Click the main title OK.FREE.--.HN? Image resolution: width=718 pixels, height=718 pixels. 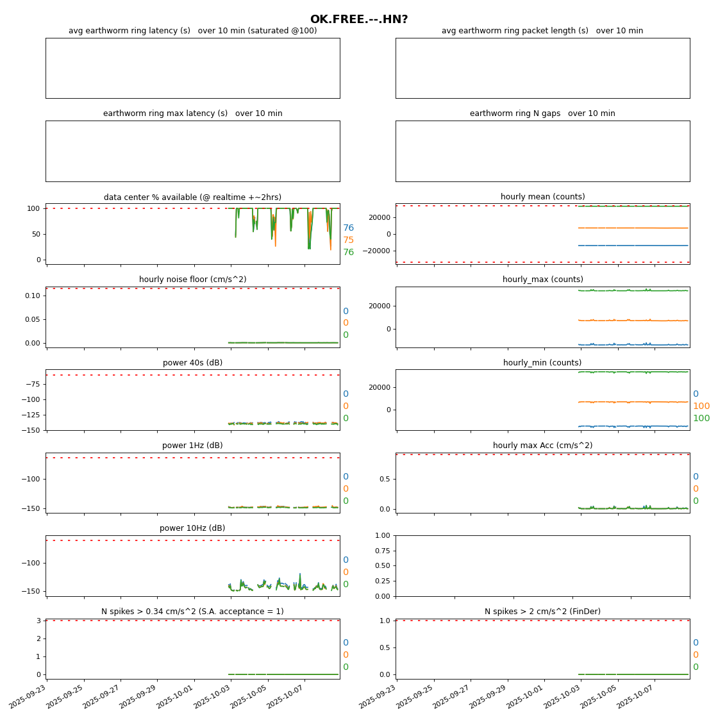tap(359, 20)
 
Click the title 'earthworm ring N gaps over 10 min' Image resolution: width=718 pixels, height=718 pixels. tap(542, 113)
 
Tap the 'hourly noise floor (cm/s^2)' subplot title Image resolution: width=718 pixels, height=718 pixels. tap(192, 280)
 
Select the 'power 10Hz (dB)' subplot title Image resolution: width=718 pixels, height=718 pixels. tap(192, 528)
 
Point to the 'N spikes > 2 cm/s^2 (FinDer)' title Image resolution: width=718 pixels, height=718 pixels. tap(542, 612)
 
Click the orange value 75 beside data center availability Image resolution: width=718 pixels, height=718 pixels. tap(348, 240)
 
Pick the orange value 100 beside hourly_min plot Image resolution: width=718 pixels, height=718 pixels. tap(701, 406)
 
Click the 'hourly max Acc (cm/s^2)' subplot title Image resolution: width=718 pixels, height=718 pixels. tap(542, 446)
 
